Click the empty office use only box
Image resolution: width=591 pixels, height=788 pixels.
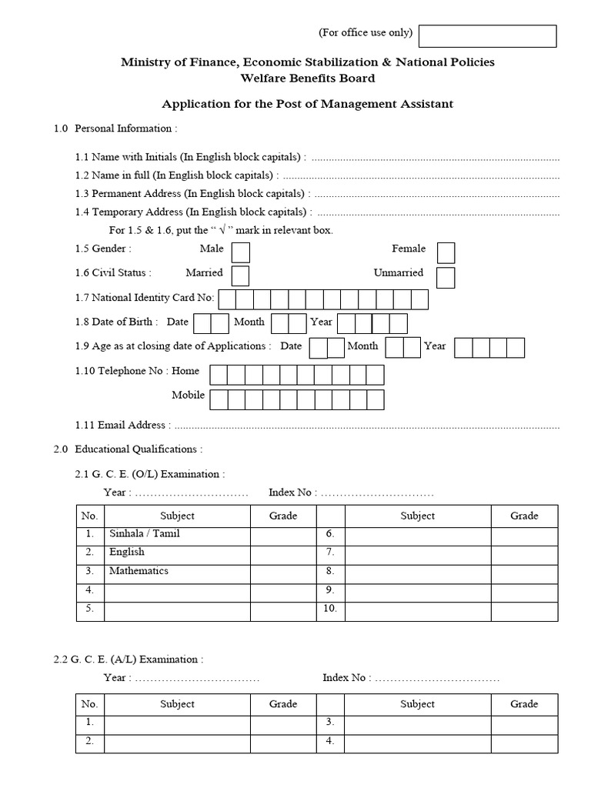487,36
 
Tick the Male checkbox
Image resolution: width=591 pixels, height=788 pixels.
241,252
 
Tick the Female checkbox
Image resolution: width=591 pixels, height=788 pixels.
446,252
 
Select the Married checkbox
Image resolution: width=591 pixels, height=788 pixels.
241,275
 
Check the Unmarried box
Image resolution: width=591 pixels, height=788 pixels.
446,277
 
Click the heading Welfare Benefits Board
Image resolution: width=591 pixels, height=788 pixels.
308,78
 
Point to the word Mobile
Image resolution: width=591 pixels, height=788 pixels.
189,396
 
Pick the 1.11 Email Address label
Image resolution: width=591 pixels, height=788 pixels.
122,425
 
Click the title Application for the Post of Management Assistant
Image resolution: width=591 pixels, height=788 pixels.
307,104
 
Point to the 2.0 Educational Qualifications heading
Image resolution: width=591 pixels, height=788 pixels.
129,449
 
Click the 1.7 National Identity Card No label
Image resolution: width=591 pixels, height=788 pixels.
145,298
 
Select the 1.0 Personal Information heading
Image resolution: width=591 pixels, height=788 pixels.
115,129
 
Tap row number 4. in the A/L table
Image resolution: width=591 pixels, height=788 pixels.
329,742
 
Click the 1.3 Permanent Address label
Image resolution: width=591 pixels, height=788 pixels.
192,193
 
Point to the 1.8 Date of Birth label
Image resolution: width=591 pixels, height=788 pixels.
117,322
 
